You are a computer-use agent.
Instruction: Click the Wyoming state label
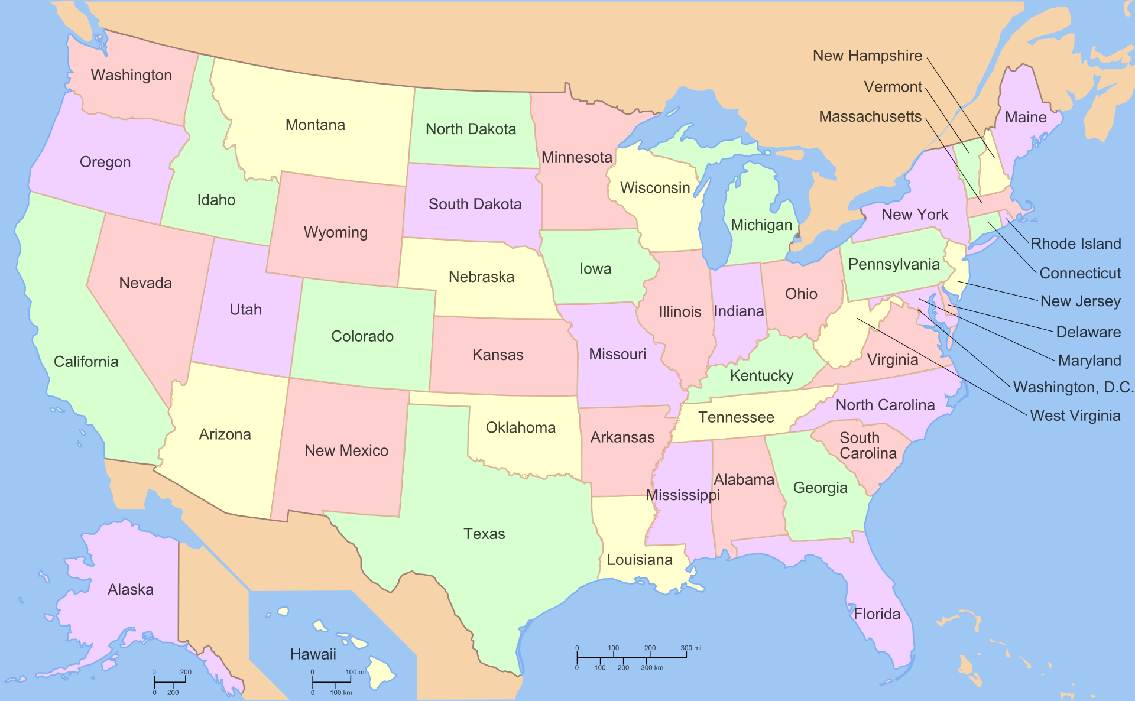336,232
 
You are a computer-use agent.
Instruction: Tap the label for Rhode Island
1075,244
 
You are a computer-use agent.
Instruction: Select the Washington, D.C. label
1073,387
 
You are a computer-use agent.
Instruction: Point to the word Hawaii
313,654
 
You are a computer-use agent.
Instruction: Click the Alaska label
131,589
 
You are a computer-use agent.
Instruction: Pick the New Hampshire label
867,56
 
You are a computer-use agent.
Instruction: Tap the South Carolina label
868,446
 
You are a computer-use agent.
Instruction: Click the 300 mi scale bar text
690,648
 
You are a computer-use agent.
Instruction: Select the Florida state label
877,614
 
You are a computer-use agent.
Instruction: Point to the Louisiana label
640,560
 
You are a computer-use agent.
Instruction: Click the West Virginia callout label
1075,416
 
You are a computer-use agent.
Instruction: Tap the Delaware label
1088,332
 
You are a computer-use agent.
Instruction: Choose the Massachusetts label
870,116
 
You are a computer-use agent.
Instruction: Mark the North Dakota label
471,129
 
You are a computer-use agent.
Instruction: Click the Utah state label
245,309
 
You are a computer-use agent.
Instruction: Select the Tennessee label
736,417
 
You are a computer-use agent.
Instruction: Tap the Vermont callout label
893,87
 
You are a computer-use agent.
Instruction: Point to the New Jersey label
1080,301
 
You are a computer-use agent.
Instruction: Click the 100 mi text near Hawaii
355,672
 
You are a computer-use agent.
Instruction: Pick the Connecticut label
1080,273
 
